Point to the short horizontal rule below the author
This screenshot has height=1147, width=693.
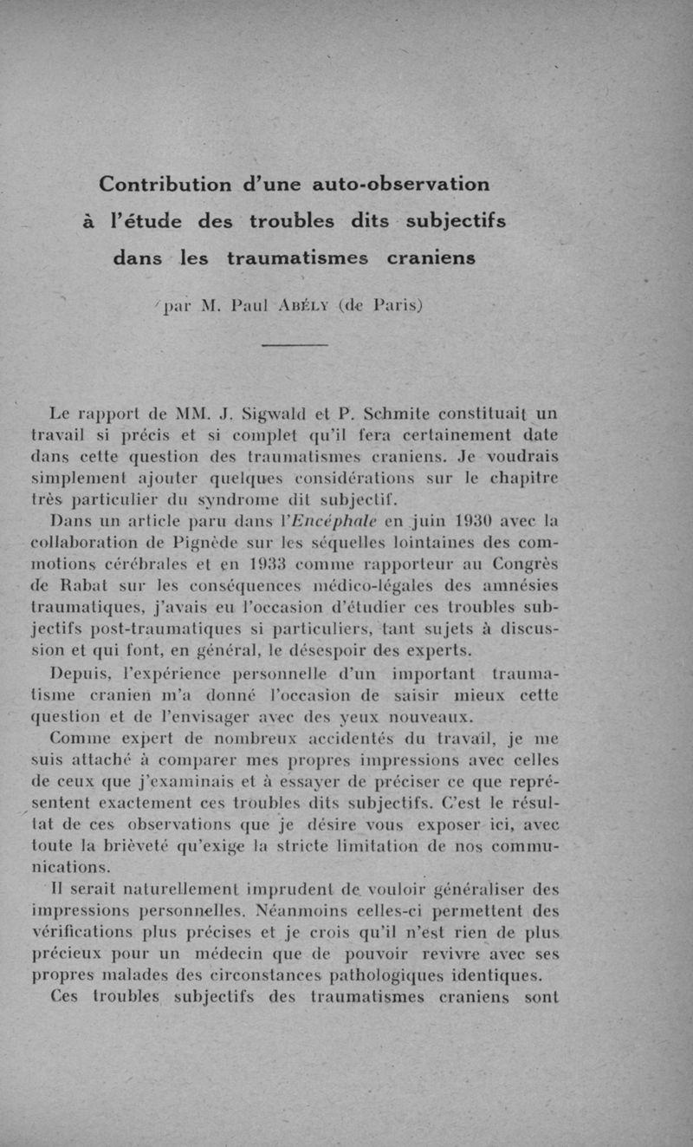(x=294, y=346)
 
